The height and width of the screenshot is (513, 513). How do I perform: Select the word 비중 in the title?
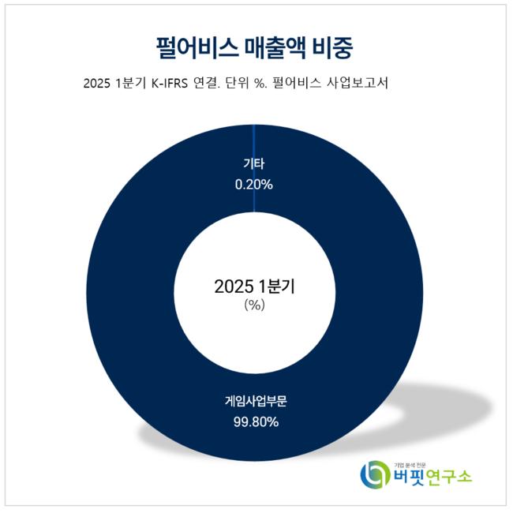(x=332, y=46)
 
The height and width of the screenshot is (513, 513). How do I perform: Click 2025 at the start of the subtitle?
(x=96, y=84)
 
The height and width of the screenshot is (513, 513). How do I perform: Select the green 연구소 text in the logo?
(x=451, y=477)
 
